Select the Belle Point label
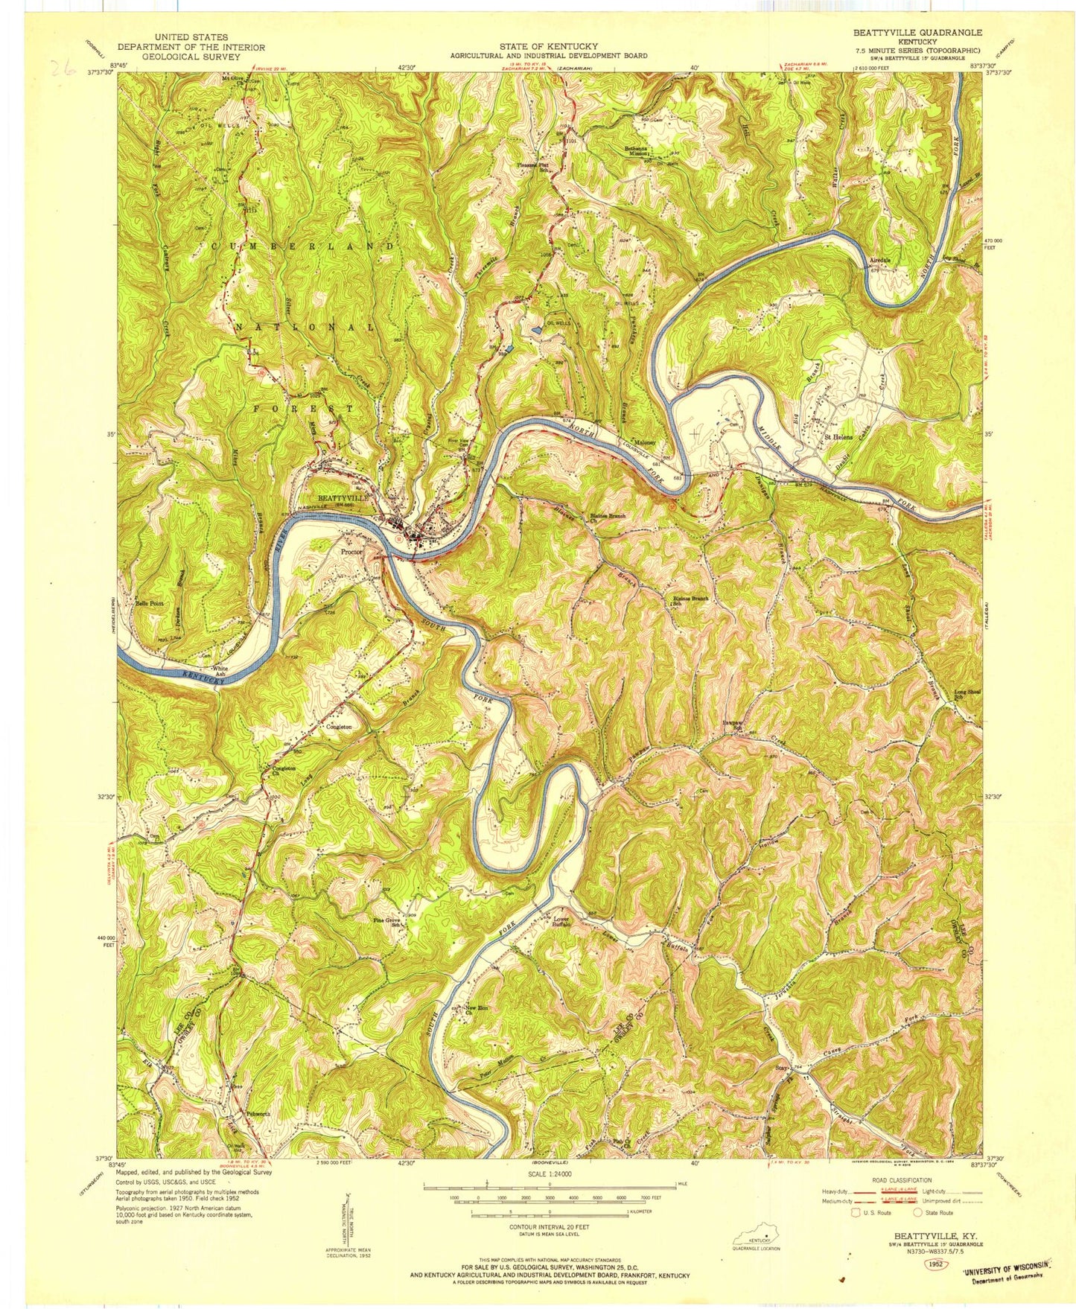(x=149, y=603)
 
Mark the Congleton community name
(x=338, y=727)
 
